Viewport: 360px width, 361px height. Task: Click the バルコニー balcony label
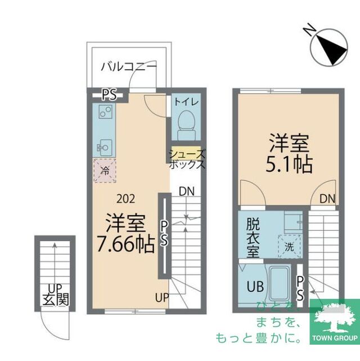click(x=129, y=67)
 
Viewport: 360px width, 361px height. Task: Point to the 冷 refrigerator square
click(x=105, y=170)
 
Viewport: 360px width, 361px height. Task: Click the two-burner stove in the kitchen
click(x=104, y=112)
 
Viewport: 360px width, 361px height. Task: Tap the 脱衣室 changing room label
click(x=253, y=238)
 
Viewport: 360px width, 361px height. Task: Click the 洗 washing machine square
click(x=289, y=246)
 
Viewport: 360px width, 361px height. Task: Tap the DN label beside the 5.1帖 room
click(x=327, y=198)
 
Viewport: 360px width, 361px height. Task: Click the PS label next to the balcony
click(x=109, y=95)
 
